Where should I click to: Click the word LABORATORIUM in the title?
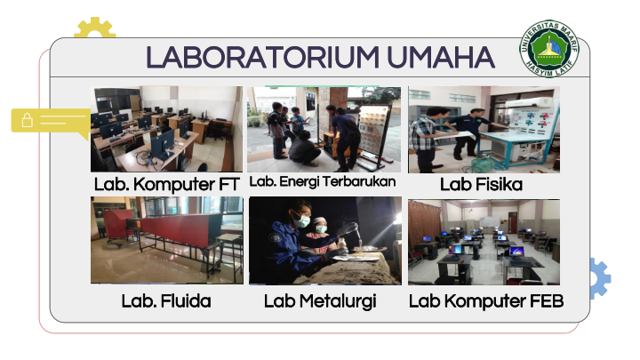(262, 57)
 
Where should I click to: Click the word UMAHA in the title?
(441, 57)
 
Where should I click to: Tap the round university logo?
(549, 49)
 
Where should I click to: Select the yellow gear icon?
(95, 28)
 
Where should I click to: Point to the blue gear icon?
(600, 278)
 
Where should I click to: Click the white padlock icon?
(28, 120)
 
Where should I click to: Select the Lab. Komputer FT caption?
(166, 185)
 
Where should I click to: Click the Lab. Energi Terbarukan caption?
(323, 181)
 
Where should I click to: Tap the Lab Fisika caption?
(481, 185)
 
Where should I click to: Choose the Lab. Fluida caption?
(166, 301)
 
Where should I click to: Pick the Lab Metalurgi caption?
(320, 301)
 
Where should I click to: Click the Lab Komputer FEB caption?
(486, 301)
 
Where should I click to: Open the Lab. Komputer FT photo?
(166, 129)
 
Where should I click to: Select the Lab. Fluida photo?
(167, 240)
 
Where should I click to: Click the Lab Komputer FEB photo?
(484, 242)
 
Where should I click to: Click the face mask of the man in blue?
(302, 221)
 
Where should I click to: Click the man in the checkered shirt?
(426, 139)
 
